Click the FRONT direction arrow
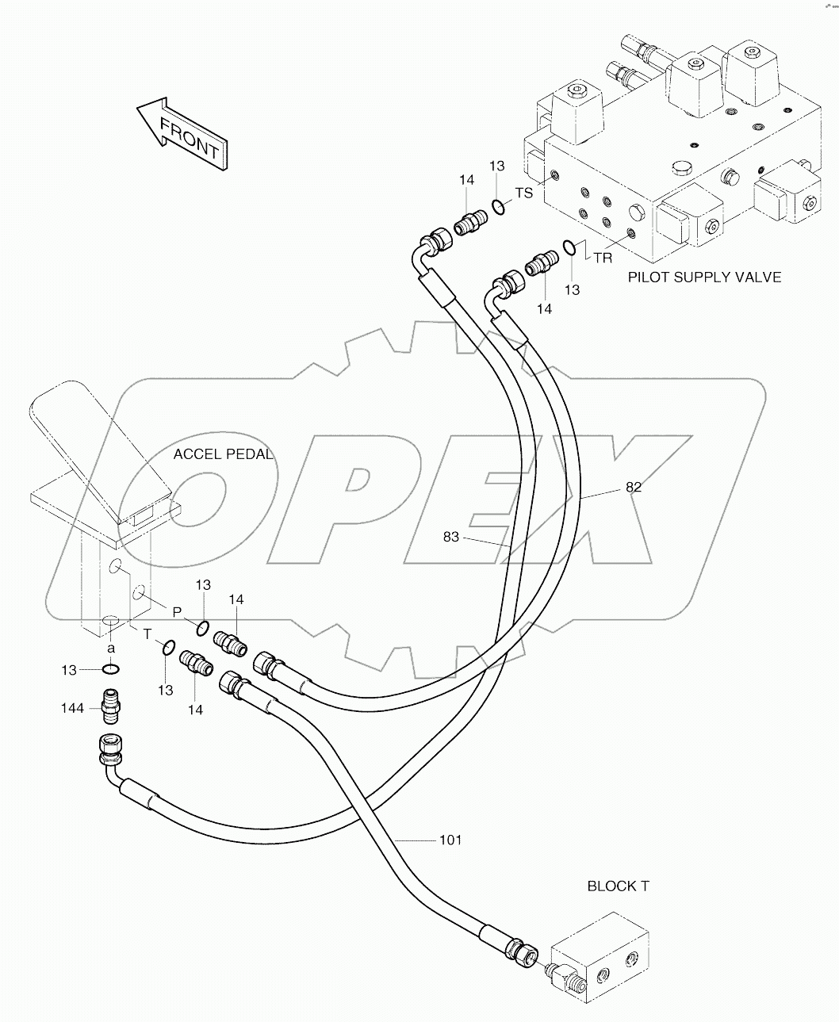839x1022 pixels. [182, 133]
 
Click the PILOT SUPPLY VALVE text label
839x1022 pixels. [704, 277]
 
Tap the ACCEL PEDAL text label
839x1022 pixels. [223, 454]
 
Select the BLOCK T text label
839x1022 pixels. [618, 886]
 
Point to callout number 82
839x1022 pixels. [633, 488]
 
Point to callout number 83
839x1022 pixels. [451, 538]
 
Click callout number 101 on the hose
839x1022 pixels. [450, 839]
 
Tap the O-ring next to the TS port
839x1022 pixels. [497, 208]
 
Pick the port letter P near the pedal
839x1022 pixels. [177, 611]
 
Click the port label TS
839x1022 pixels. [524, 193]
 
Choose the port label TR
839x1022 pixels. [603, 258]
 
